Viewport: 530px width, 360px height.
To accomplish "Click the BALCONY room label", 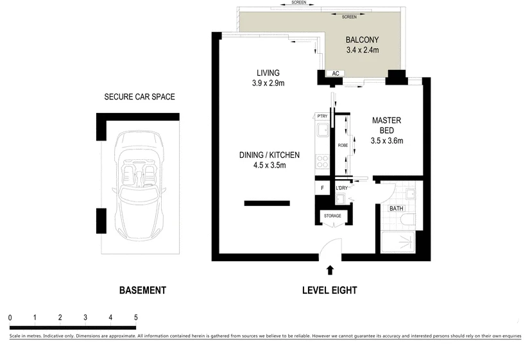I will (x=362, y=39).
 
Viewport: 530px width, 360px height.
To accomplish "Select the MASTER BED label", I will (x=387, y=125).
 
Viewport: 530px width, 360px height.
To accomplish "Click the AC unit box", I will (x=335, y=74).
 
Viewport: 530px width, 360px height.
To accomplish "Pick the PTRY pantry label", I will (x=322, y=116).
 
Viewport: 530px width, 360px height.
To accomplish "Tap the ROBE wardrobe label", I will (x=343, y=146).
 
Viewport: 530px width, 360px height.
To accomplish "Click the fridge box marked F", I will (x=322, y=189).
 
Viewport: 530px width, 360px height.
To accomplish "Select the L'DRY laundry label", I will (x=341, y=189).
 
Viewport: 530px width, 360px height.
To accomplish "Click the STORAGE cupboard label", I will (x=332, y=216).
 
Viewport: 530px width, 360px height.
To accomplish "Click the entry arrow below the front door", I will (x=330, y=271).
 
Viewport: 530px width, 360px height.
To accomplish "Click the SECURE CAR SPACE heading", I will (x=139, y=98).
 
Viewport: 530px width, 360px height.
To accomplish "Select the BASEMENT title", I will (x=142, y=291).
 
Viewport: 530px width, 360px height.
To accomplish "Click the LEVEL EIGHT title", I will (x=329, y=291).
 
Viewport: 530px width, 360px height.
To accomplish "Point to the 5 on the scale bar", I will (x=135, y=318).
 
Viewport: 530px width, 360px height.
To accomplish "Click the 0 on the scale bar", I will (x=10, y=318).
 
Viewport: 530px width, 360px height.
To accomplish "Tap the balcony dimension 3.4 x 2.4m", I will (x=362, y=49).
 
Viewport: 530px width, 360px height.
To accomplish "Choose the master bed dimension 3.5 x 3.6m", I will (x=387, y=141).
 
